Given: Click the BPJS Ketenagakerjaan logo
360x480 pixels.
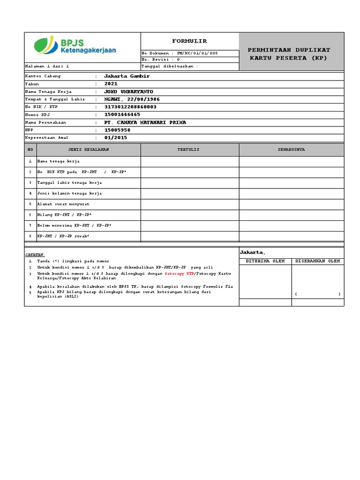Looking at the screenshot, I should (75, 46).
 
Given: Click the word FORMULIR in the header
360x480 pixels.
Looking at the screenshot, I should (189, 41).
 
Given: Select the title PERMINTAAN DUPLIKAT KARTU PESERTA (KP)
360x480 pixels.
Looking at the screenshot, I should (289, 54).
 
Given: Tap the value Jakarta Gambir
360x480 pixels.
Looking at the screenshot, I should (127, 76).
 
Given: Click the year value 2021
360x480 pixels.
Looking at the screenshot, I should (111, 83).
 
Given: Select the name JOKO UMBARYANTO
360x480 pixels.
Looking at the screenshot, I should (128, 91).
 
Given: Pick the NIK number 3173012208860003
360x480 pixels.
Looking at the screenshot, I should (130, 107).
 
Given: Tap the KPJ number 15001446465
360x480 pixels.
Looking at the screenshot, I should (122, 114).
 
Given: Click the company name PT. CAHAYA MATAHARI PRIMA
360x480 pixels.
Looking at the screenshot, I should (145, 122).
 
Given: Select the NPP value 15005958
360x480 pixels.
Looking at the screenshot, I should (117, 130).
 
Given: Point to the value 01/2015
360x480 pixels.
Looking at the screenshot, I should (115, 138).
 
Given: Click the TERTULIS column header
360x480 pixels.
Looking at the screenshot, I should (188, 150).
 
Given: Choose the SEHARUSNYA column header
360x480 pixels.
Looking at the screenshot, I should (292, 150).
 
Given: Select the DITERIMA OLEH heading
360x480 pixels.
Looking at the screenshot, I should (265, 261).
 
